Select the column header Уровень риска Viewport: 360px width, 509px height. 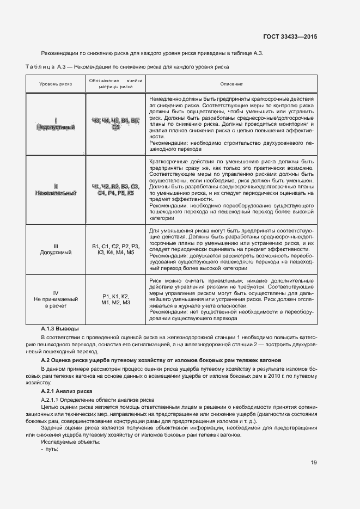click(55, 84)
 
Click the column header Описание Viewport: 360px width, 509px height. click(231, 84)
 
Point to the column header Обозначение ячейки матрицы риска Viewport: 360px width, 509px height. click(115, 83)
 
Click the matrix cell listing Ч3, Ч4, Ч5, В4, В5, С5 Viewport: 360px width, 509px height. click(115, 124)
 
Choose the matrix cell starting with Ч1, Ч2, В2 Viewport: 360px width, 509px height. click(115, 189)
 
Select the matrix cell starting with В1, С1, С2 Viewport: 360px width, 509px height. click(115, 249)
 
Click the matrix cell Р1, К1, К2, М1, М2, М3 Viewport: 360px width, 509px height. click(115, 299)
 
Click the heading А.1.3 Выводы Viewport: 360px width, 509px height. click(60, 329)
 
